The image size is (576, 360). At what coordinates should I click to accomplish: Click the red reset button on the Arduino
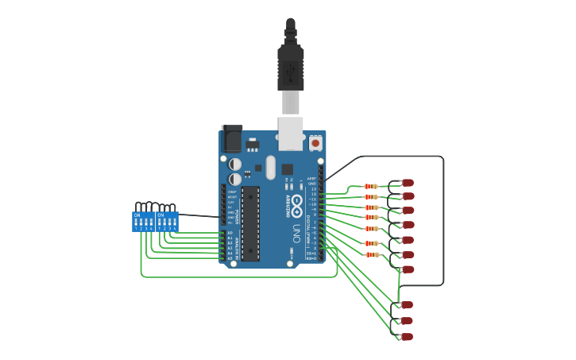tap(315, 144)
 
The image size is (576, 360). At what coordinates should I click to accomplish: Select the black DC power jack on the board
tap(231, 139)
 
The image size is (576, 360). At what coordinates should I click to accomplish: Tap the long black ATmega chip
tap(250, 223)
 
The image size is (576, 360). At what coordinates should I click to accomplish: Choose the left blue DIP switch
tap(143, 221)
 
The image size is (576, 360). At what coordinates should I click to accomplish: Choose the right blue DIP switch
tap(167, 221)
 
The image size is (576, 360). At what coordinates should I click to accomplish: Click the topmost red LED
tap(408, 183)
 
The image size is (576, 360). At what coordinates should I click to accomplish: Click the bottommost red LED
tap(407, 337)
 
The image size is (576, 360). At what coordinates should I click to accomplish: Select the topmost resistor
tap(370, 187)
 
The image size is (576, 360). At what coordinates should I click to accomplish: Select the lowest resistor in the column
tap(370, 255)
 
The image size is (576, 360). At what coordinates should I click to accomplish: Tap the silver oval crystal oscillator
tap(270, 168)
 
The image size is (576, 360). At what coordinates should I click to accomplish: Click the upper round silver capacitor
tap(235, 165)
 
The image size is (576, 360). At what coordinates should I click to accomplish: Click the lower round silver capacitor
tap(235, 180)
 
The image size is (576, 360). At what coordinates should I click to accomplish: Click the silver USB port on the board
tap(291, 133)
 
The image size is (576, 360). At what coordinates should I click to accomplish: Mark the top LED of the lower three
tap(407, 304)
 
